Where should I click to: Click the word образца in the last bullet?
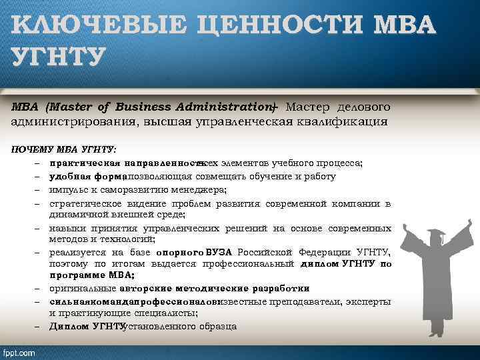tap(216, 326)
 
